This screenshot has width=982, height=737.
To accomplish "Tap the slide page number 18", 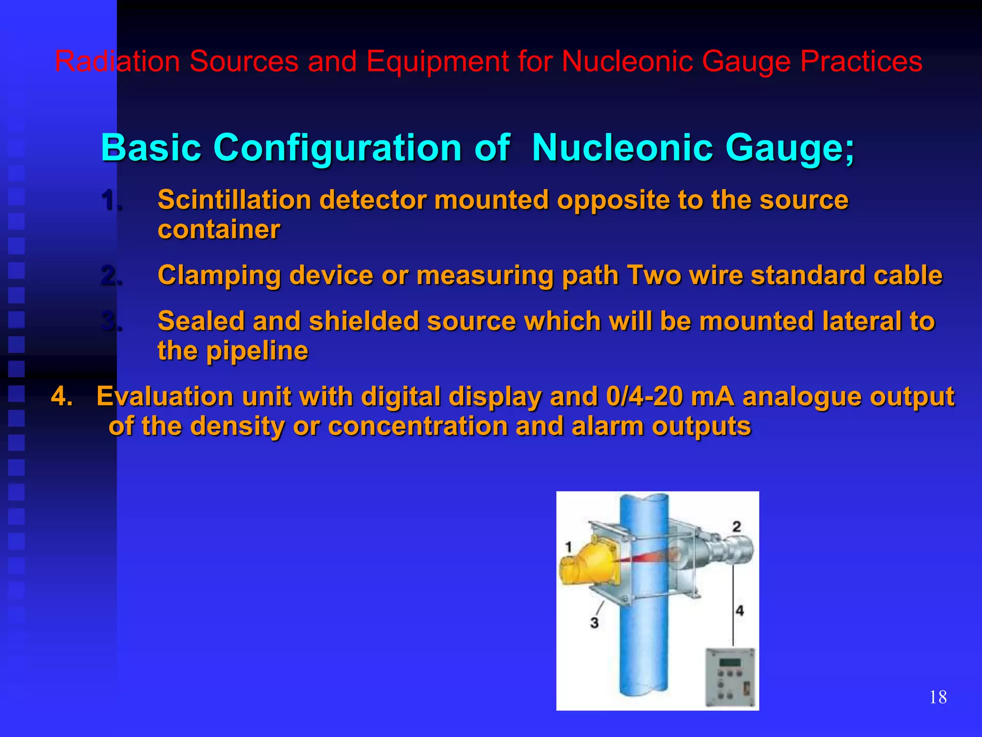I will click(938, 697).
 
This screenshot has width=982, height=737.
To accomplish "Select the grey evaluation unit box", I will click(730, 677).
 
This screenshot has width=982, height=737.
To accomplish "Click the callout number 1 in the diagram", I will click(569, 547).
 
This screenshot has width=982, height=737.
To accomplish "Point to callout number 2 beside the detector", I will click(736, 526).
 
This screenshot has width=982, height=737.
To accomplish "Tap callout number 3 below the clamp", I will click(595, 623).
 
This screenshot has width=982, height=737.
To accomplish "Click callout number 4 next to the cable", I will click(740, 611).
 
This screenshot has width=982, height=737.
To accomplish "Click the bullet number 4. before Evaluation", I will click(62, 397).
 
